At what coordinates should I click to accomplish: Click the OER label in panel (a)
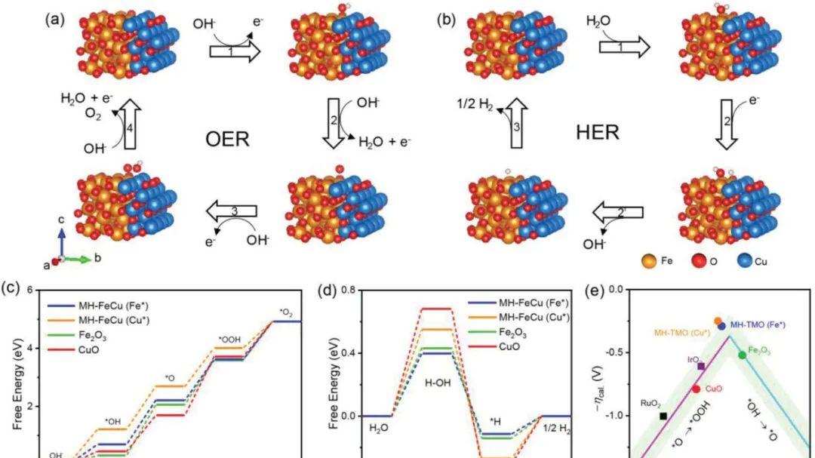click(x=228, y=139)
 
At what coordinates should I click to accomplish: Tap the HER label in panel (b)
click(x=598, y=133)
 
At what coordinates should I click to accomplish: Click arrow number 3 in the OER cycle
click(x=232, y=211)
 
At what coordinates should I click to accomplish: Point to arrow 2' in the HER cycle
click(x=618, y=212)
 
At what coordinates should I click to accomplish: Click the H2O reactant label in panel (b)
click(x=598, y=21)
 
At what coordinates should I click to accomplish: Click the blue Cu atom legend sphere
click(x=745, y=260)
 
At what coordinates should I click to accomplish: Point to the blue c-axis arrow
click(x=61, y=241)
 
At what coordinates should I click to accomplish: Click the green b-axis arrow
click(x=77, y=258)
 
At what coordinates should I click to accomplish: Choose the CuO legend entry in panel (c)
click(x=72, y=350)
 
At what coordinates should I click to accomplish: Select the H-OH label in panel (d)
click(x=438, y=383)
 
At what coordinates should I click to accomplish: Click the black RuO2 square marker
click(x=663, y=416)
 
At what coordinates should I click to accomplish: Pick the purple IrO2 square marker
click(x=701, y=366)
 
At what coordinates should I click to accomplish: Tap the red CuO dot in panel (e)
click(x=696, y=389)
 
